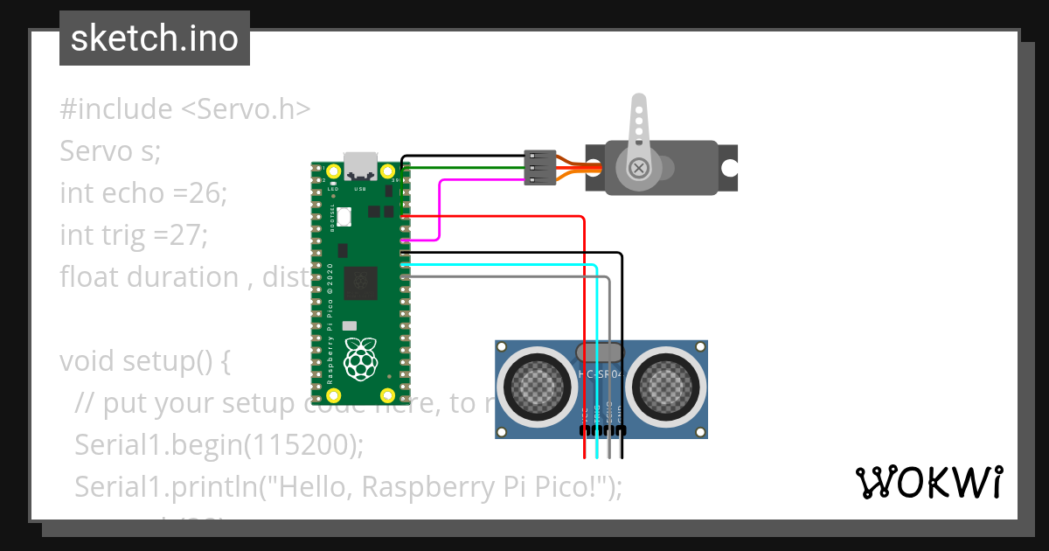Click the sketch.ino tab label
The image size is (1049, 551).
154,38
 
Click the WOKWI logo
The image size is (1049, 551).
927,482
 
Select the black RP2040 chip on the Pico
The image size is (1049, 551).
359,282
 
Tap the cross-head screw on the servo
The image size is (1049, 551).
640,167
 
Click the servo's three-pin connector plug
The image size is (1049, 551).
539,168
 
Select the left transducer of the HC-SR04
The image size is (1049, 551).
533,384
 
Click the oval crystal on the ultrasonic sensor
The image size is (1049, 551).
600,352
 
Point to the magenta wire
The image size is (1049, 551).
440,210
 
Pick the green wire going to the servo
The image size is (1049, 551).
463,167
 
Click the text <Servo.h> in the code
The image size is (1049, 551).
246,109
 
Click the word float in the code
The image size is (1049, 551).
90,277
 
